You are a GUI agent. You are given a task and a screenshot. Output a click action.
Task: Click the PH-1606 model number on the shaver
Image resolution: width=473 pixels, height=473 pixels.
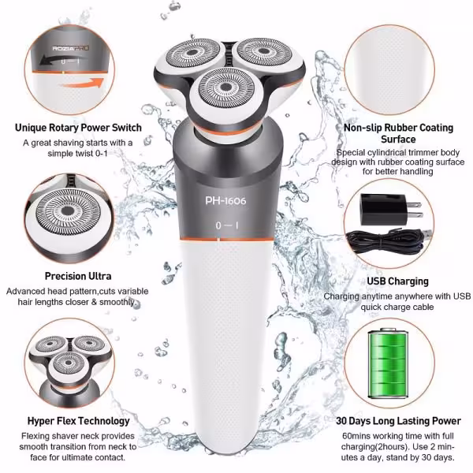click(225, 201)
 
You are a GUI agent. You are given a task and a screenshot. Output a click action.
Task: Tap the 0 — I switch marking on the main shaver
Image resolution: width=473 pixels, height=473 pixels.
click(227, 225)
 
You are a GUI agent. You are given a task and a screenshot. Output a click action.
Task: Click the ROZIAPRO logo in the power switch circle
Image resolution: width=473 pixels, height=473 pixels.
click(71, 48)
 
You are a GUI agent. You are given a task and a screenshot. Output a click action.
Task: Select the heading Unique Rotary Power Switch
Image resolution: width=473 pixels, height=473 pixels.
click(78, 128)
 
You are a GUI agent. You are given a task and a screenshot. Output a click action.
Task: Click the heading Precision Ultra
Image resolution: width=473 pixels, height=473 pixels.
click(78, 276)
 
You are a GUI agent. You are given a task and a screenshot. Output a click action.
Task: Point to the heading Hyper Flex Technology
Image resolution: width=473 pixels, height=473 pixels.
click(78, 421)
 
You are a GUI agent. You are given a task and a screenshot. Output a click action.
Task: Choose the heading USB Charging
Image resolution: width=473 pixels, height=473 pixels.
click(397, 281)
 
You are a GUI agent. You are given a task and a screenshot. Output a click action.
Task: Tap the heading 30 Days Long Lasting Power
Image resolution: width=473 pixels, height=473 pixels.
click(398, 421)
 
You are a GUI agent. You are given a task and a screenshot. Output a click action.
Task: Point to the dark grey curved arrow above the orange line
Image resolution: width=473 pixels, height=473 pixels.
click(63, 60)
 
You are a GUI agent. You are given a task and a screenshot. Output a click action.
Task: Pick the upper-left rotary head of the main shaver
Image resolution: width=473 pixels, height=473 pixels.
click(192, 53)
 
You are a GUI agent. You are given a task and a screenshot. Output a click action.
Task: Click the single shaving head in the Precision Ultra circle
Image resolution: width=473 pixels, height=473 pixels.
click(67, 211)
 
